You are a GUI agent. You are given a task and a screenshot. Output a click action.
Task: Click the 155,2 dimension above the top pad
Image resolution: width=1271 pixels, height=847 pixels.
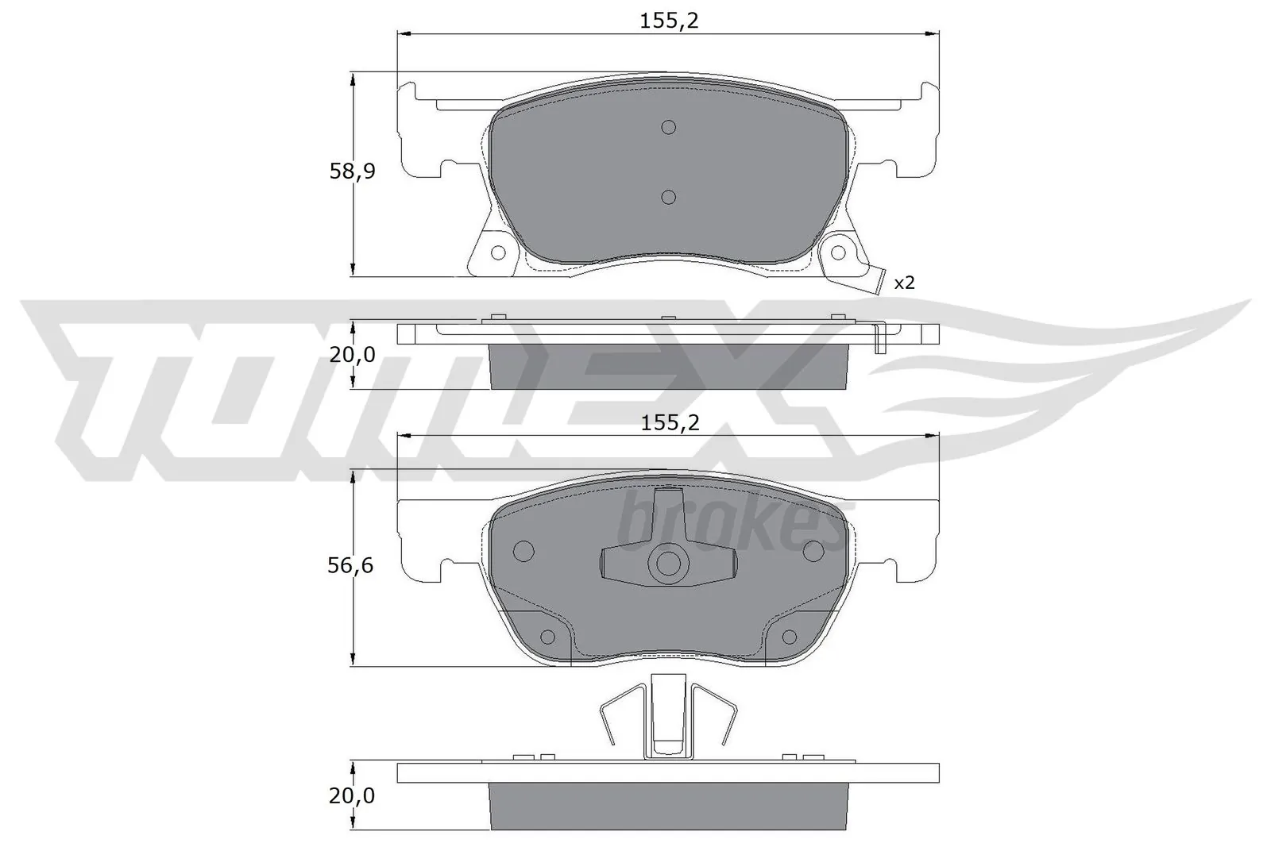coord(669,21)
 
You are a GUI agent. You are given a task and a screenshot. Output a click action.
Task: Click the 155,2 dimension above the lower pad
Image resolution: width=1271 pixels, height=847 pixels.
coord(669,423)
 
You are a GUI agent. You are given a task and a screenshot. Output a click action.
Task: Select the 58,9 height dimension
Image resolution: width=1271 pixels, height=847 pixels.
coord(352,171)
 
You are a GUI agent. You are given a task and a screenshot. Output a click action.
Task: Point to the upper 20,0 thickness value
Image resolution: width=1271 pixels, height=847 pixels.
coord(352,355)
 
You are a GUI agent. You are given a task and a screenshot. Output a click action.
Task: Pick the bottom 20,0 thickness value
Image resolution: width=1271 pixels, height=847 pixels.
coord(352,795)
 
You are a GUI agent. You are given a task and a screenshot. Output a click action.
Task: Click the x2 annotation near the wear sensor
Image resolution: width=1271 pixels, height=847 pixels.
coord(904,283)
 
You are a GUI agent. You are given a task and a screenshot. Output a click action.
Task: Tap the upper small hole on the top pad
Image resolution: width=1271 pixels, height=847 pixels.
coord(668,127)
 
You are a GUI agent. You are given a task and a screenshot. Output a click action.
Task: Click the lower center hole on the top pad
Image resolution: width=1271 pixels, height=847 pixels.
coord(668,197)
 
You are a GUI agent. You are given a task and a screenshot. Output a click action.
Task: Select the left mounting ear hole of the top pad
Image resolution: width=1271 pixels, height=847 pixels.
coord(498,252)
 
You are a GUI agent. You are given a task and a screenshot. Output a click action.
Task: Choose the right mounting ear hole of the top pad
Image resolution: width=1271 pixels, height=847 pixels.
coord(838,252)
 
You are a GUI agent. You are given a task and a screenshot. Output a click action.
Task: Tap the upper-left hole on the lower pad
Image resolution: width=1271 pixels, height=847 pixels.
coord(523,550)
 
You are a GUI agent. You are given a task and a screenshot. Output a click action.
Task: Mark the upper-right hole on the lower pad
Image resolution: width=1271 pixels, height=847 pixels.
coord(813,550)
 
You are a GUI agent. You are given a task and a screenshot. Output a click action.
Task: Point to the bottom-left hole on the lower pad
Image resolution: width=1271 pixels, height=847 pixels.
coord(547,637)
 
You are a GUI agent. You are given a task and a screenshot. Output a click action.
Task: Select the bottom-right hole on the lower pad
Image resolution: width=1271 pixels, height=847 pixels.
coord(790,637)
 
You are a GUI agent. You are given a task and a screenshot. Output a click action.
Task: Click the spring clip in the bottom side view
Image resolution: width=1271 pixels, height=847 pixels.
coord(668,714)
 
